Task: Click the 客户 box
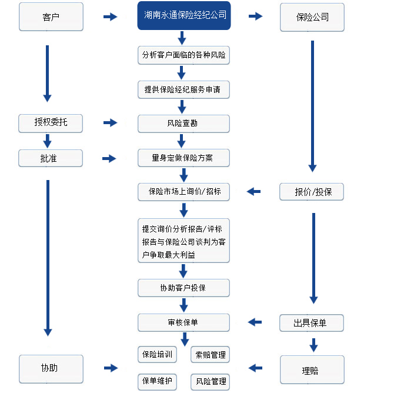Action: [x=51, y=17]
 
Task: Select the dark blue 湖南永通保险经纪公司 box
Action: [x=184, y=15]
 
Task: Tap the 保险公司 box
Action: [x=312, y=17]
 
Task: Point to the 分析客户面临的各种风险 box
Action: [x=183, y=55]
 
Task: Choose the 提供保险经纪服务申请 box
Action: [x=183, y=89]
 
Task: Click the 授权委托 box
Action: [x=51, y=123]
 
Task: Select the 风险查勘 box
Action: [x=183, y=124]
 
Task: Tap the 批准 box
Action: [x=51, y=158]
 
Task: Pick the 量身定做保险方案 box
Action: [x=183, y=158]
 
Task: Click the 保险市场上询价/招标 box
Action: [x=183, y=192]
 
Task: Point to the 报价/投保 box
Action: [x=312, y=192]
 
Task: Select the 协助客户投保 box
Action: [x=183, y=288]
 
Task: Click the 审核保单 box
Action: [x=183, y=322]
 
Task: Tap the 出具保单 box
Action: [x=312, y=323]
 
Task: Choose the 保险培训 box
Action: [x=157, y=355]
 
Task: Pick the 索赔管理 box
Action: [x=211, y=355]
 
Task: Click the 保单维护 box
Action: [x=157, y=382]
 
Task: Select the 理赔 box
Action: [x=312, y=369]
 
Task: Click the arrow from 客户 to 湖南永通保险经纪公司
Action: [x=111, y=17]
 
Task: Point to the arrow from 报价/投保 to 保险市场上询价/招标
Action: [x=253, y=192]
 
